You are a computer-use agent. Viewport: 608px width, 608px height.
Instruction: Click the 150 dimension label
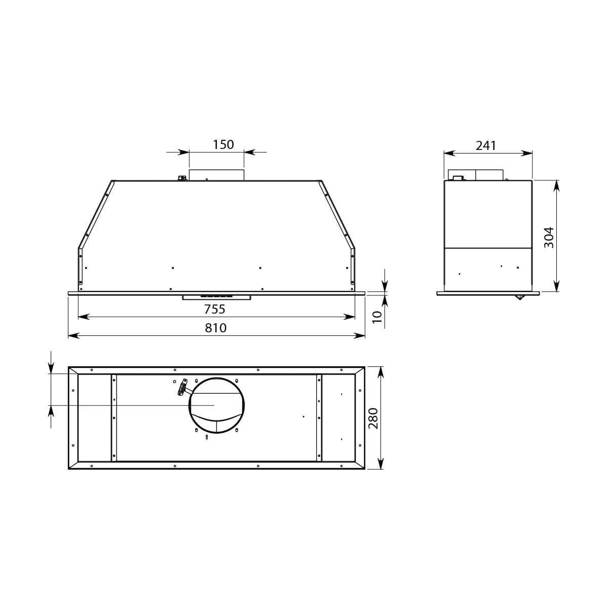pos(223,144)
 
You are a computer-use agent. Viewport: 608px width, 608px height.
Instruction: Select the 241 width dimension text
pos(486,145)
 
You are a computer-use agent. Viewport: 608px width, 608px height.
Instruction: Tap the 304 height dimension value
pos(549,237)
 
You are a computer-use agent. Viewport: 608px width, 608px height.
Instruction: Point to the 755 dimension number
pos(214,309)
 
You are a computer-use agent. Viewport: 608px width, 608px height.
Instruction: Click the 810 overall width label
pos(216,328)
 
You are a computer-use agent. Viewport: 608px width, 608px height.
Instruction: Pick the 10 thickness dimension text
pos(376,317)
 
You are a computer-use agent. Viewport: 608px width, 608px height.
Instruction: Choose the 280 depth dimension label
pos(373,418)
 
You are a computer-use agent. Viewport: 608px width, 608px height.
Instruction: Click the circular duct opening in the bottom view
pos(217,405)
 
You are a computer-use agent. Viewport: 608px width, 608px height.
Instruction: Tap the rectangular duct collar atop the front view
pos(216,174)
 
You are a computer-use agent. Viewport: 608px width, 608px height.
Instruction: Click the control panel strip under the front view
pos(216,297)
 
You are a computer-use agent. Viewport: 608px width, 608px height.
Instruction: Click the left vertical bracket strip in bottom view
pos(113,418)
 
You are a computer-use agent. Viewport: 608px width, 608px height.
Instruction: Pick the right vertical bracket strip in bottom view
pos(319,418)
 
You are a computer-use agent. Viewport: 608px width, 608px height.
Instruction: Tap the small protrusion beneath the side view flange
pos(519,297)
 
